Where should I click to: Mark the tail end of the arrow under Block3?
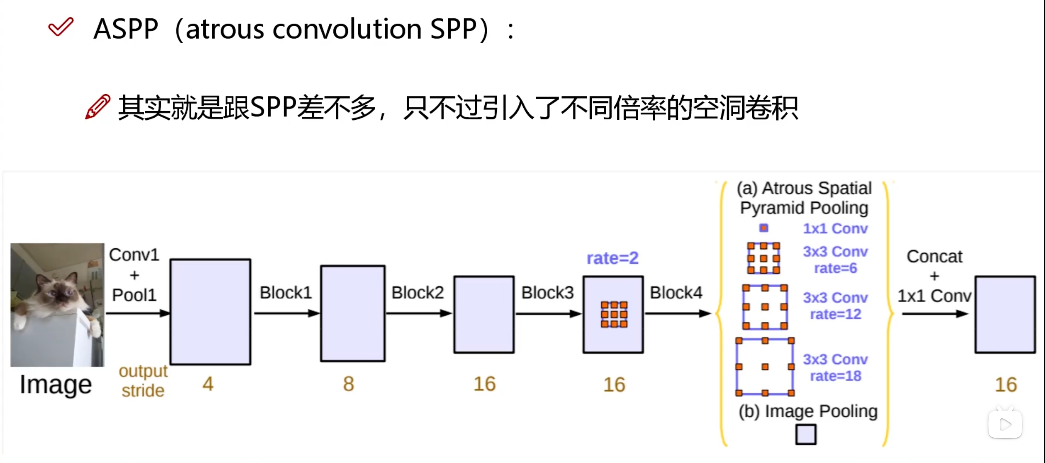coord(516,314)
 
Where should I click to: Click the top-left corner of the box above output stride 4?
coord(170,259)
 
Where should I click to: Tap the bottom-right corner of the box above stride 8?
coord(385,361)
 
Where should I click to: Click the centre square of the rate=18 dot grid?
coord(765,367)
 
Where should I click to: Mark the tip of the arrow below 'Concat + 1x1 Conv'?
coord(969,314)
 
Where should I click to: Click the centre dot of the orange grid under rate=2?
coord(614,314)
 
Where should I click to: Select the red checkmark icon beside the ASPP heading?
coord(61,27)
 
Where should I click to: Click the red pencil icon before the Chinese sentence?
coord(98,107)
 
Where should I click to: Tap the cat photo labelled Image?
coord(57,305)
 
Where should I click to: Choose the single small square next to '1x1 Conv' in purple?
coord(763,228)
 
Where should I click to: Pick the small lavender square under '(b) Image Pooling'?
coord(806,434)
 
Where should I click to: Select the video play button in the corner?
coord(1005,424)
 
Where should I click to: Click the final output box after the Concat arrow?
coord(1005,315)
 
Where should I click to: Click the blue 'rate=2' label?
coord(612,258)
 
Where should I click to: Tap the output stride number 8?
coord(348,384)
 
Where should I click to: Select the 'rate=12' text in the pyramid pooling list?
coord(836,314)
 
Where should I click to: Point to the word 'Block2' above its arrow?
coord(418,293)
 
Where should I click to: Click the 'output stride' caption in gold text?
coord(143,381)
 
